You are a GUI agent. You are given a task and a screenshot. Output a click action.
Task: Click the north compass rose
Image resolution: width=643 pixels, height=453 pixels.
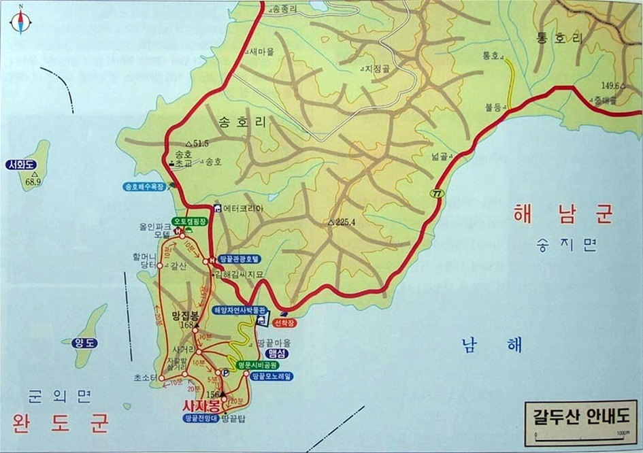pos(20,20)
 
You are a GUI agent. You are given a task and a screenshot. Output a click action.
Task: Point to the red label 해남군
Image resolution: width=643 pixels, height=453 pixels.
pos(563,215)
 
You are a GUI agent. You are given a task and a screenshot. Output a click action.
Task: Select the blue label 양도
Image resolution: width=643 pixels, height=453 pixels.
pos(88,343)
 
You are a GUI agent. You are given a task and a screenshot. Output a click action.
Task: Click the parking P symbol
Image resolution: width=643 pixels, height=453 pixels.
pos(225,372)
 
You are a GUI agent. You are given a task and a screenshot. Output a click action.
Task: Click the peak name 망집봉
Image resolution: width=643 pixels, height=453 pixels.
pos(185,315)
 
